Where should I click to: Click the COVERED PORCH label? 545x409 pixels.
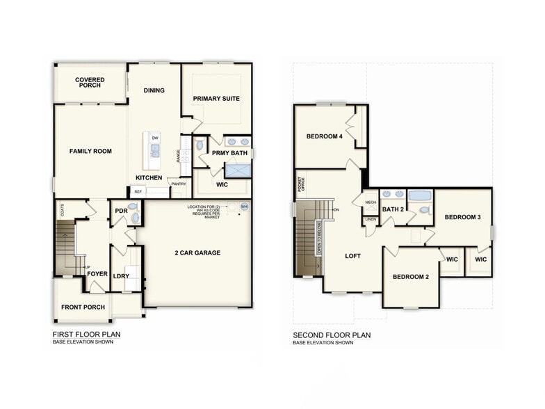(90, 83)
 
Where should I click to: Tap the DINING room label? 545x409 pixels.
(154, 90)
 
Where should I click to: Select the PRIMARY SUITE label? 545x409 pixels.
(216, 99)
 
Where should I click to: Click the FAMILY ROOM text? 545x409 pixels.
(90, 151)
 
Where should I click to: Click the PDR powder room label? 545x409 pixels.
(121, 211)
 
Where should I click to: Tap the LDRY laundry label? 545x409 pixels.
(121, 276)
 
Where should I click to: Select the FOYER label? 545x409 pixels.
(97, 274)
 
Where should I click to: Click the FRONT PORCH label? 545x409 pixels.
(83, 307)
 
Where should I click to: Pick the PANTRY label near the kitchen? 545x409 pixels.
(179, 184)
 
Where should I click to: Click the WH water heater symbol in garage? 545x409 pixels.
(244, 207)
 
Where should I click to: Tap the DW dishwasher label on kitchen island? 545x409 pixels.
(155, 138)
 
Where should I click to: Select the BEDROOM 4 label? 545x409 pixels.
(325, 136)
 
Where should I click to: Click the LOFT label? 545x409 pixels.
(353, 256)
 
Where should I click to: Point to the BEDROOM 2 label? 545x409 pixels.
(410, 277)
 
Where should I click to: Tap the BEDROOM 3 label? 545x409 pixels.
(463, 217)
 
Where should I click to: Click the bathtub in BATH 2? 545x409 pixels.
(419, 195)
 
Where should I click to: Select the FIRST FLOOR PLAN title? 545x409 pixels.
(87, 335)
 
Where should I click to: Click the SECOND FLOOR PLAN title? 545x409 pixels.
(332, 335)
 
